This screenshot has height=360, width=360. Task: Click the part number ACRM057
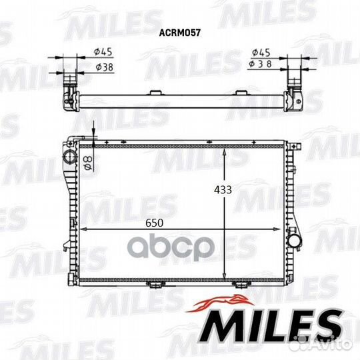pyautogui.click(x=180, y=33)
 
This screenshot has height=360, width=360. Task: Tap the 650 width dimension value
pyautogui.click(x=154, y=223)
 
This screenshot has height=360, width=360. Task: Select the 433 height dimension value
pyautogui.click(x=223, y=190)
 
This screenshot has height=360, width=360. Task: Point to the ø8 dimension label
pyautogui.click(x=89, y=163)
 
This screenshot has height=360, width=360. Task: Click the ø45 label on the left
pyautogui.click(x=103, y=52)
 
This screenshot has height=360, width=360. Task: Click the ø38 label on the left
pyautogui.click(x=105, y=67)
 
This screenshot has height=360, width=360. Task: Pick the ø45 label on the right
pyautogui.click(x=261, y=53)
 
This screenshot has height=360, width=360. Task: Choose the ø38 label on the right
pyautogui.click(x=260, y=64)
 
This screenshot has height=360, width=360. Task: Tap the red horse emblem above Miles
pyautogui.click(x=221, y=303)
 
